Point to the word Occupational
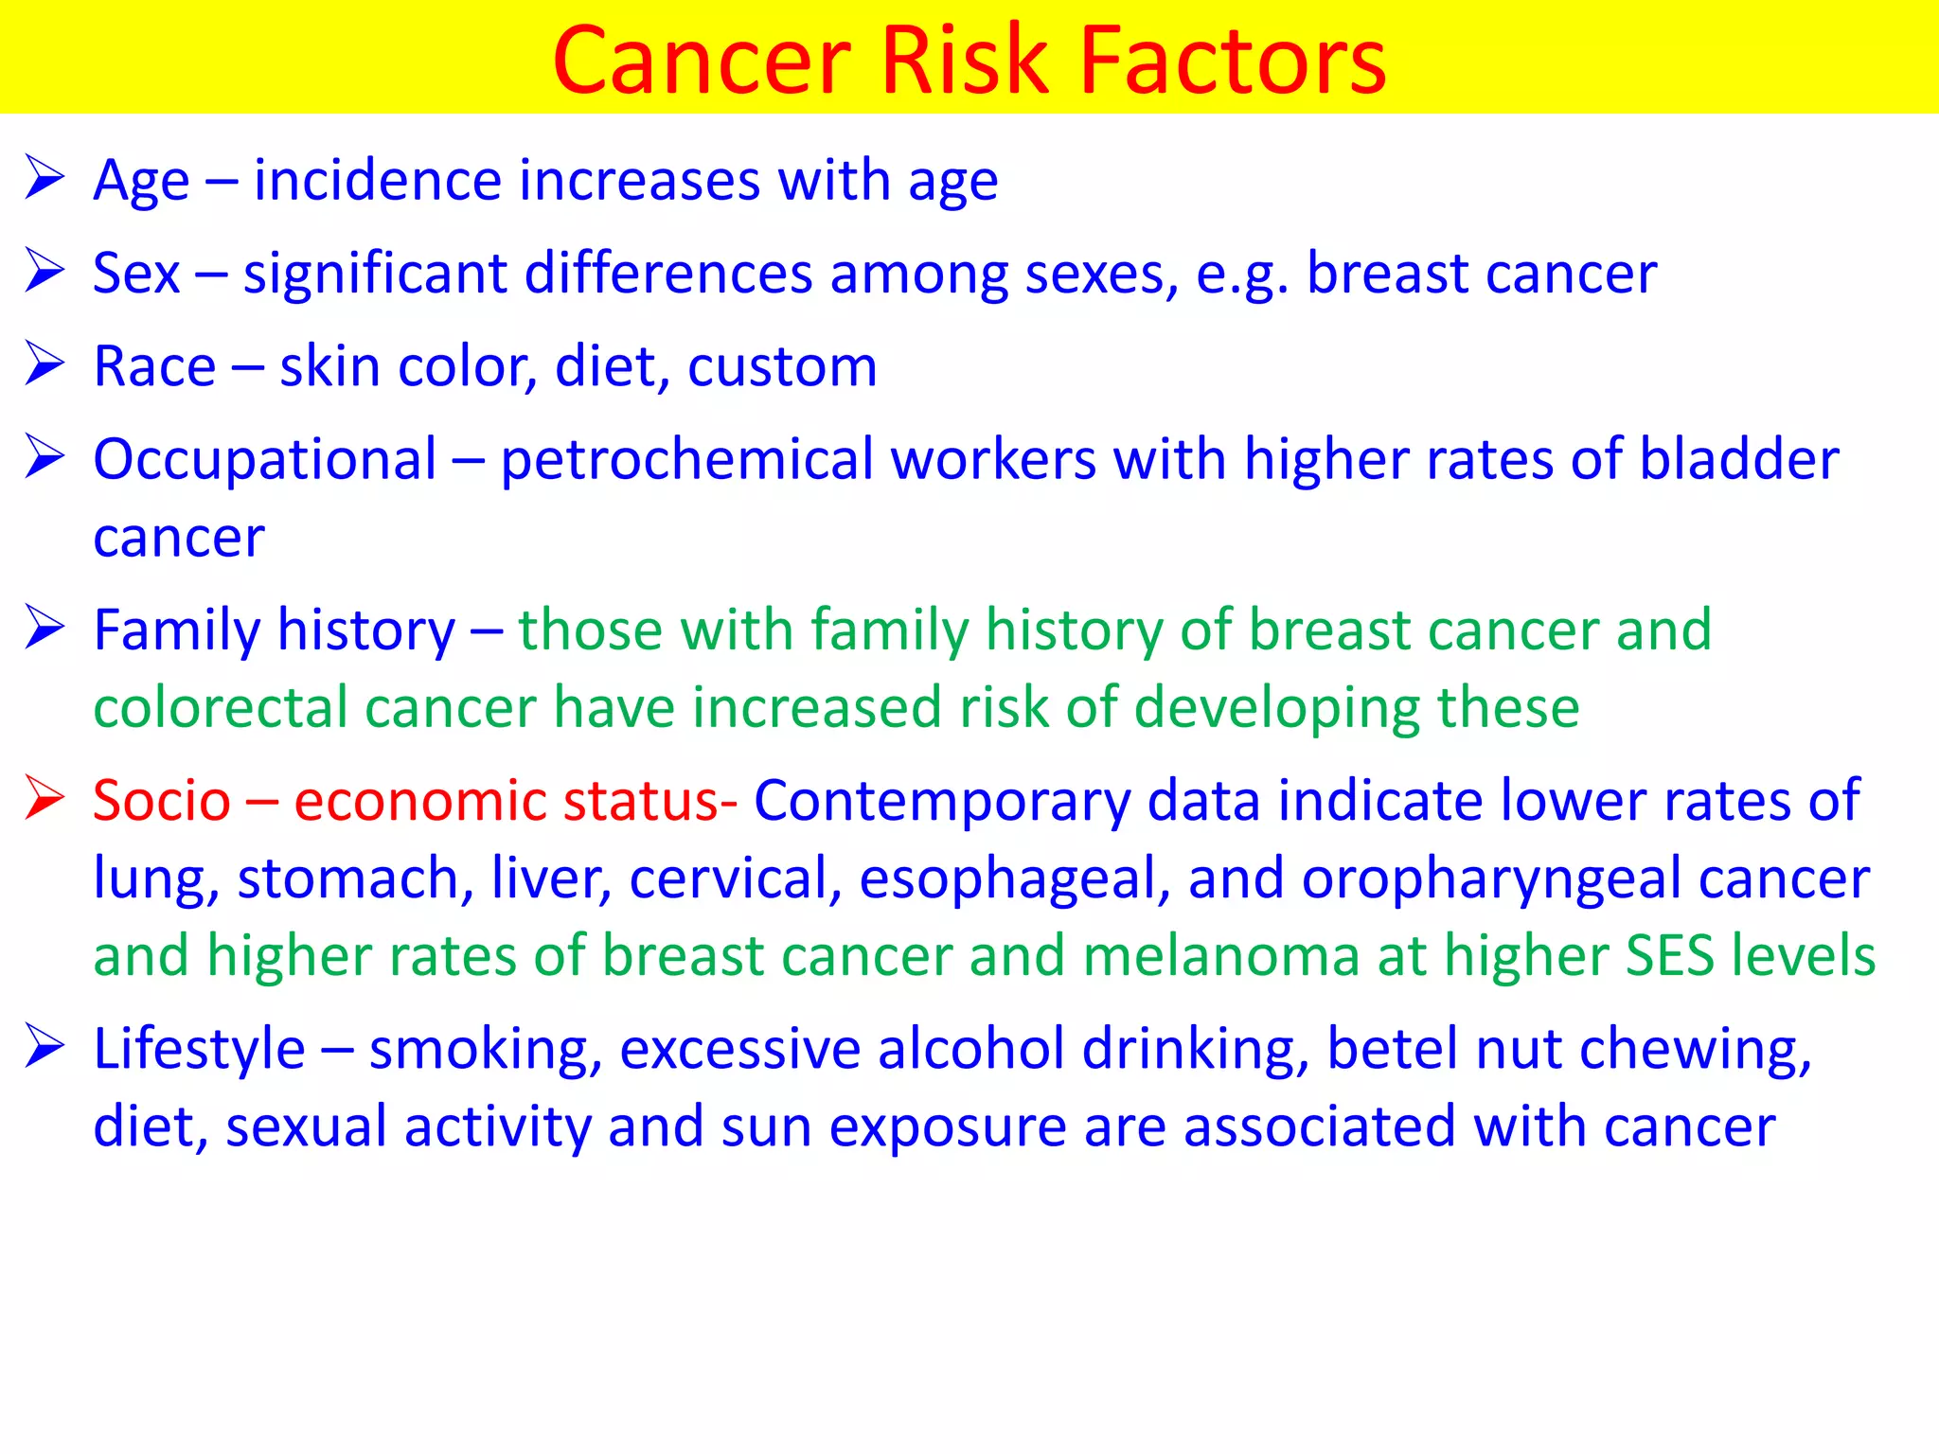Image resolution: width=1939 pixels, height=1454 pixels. (265, 460)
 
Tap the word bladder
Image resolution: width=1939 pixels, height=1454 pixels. (1738, 460)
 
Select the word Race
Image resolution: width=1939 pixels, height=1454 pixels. (154, 366)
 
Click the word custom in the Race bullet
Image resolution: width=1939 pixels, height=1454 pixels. (781, 366)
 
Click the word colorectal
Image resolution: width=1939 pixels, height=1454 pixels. (221, 708)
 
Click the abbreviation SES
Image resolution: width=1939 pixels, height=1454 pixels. (1669, 956)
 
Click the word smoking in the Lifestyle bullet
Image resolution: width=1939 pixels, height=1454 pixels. (485, 1051)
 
